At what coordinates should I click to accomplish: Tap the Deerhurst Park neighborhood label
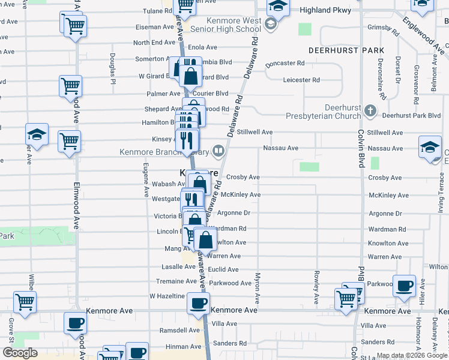(x=337, y=50)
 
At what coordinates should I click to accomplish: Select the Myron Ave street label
(x=257, y=288)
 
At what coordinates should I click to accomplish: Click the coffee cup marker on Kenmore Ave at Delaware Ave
(x=198, y=304)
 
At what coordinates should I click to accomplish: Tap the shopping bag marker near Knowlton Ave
(x=205, y=240)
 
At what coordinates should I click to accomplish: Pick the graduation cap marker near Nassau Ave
(x=430, y=148)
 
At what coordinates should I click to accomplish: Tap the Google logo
(x=20, y=353)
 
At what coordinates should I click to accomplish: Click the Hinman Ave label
(x=182, y=346)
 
